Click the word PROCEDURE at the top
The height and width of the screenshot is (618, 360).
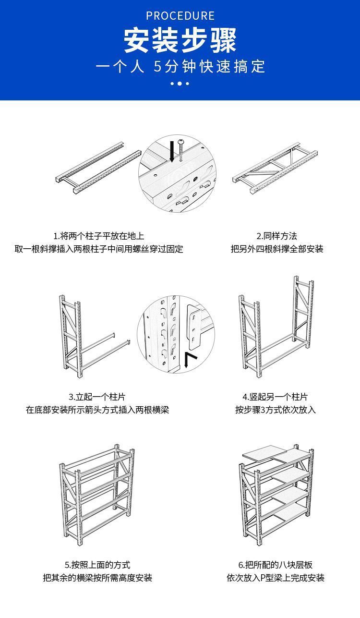(x=180, y=16)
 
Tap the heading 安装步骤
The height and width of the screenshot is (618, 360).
(x=180, y=40)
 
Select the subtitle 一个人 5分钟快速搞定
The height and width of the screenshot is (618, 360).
(x=180, y=66)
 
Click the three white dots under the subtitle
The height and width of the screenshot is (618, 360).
(x=180, y=84)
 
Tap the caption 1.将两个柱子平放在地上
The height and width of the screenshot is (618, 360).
(x=98, y=236)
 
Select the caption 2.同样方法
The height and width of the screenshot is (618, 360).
(x=276, y=236)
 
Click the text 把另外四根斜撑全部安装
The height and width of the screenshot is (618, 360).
(x=277, y=249)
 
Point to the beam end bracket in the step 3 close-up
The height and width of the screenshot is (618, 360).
(x=194, y=327)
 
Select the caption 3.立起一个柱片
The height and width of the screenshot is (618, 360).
(x=97, y=397)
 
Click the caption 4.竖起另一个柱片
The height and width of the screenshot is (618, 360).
(x=275, y=397)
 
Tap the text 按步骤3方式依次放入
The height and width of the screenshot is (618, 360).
(x=275, y=410)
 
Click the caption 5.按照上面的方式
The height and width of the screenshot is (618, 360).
(x=97, y=565)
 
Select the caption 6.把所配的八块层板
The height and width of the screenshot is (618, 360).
(x=276, y=565)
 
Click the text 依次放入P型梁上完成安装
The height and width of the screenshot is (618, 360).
(x=276, y=578)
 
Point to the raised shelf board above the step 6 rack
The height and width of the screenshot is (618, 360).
(x=262, y=453)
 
